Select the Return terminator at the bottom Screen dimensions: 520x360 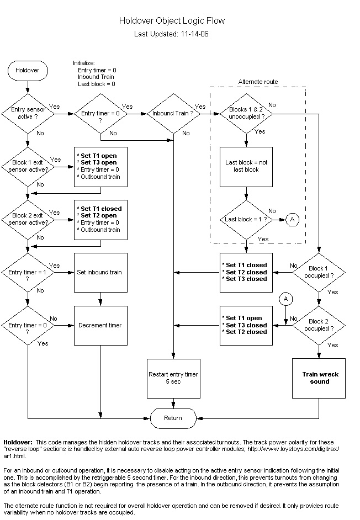173,418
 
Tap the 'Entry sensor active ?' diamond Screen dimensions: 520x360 28,114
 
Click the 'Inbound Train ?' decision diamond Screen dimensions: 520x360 173,114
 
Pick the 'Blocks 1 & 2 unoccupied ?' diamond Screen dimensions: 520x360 246,114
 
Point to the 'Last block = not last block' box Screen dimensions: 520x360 246,166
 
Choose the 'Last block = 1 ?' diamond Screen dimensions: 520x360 246,219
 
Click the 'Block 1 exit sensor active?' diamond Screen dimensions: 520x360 28,166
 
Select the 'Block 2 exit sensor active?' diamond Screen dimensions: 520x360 28,219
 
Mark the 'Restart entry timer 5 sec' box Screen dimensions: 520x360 173,378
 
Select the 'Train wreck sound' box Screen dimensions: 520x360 319,378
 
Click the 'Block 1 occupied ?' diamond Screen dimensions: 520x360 319,272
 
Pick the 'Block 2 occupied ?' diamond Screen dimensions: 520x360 319,325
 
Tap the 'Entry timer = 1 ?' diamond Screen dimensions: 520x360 28,272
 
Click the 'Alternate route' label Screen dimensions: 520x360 258,82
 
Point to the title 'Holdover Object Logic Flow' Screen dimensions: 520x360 172,21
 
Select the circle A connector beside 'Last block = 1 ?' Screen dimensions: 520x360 293,219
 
